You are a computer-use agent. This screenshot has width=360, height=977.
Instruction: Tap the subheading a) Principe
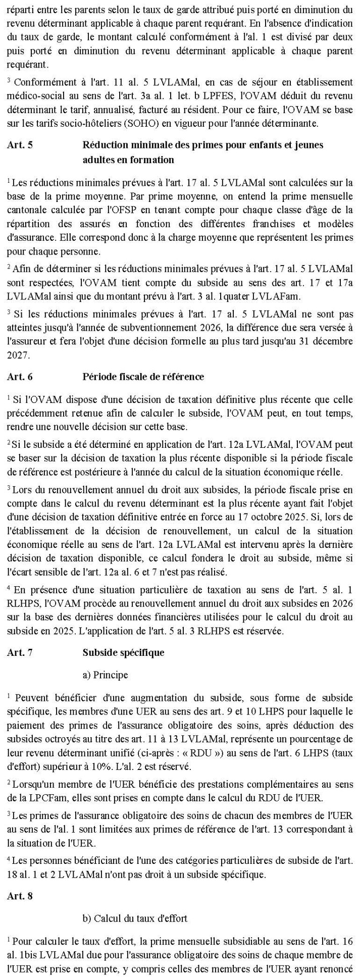pos(105,675)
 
